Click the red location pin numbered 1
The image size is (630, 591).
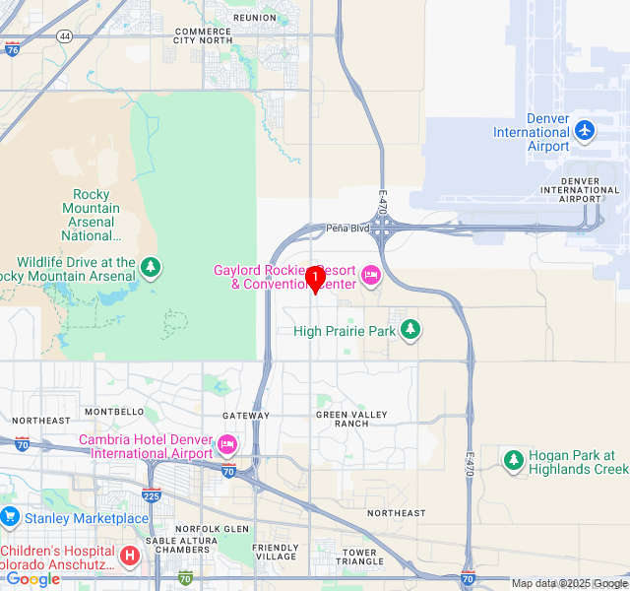click(314, 278)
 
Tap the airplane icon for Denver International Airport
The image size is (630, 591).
click(585, 130)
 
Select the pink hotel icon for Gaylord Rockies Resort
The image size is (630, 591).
click(371, 275)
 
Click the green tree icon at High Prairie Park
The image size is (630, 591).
click(410, 330)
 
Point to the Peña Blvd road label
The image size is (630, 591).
click(346, 228)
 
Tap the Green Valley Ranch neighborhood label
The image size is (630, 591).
click(343, 419)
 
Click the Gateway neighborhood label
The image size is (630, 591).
click(246, 416)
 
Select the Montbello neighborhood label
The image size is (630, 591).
click(115, 412)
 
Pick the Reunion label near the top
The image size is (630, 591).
click(255, 18)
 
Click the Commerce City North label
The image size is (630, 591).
click(204, 35)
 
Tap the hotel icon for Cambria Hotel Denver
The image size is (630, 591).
click(227, 445)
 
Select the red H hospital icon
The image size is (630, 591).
click(129, 557)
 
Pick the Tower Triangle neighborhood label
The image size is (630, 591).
click(360, 558)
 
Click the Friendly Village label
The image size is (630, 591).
click(275, 553)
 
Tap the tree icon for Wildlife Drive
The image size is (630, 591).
click(151, 266)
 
